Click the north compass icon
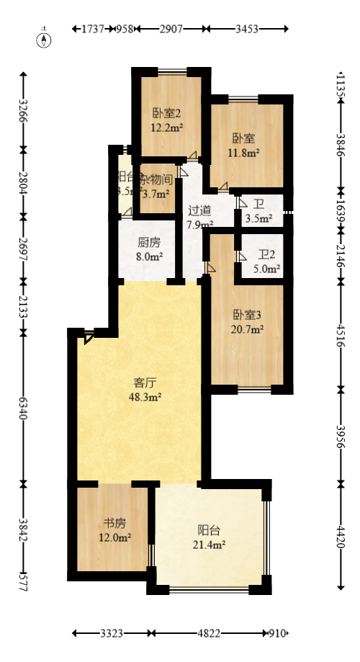click(x=45, y=38)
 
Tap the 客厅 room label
click(x=145, y=382)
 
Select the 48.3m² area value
click(x=145, y=396)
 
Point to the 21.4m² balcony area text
click(x=209, y=545)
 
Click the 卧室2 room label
click(x=166, y=113)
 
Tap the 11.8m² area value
click(x=245, y=152)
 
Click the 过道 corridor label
click(x=199, y=210)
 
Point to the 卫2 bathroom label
click(x=267, y=254)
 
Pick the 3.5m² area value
click(x=259, y=218)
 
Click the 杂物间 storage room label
click(x=156, y=178)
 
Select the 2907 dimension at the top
click(x=171, y=29)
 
